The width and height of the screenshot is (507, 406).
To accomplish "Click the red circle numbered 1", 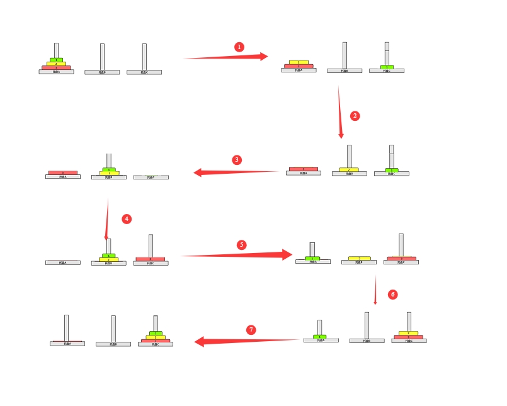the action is pos(239,47).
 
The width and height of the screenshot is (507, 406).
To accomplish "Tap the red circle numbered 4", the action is pos(127,219).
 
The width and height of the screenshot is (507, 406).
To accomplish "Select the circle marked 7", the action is pos(251,330).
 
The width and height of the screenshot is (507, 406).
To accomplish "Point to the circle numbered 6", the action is pos(393,295).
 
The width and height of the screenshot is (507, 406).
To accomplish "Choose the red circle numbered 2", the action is pos(355,116).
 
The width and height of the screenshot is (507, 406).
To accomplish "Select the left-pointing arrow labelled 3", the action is pos(236,172).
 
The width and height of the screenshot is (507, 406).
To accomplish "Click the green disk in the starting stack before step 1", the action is pos(56,60).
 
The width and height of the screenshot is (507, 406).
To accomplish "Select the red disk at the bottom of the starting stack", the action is pos(56,67).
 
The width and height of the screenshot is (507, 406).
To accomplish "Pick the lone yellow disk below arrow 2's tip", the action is pos(349,170).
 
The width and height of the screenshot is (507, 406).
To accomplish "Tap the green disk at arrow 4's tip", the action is pos(108,256).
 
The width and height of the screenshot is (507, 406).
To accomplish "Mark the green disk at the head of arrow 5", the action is pos(312,258).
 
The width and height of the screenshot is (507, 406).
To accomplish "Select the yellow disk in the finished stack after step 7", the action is pos(156,337).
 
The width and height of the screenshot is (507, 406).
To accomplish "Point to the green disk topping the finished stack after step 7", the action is pos(156,333).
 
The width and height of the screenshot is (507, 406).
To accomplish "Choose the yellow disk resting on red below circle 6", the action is pos(408,333).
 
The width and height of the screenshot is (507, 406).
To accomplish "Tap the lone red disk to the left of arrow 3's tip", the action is pos(63,172).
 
